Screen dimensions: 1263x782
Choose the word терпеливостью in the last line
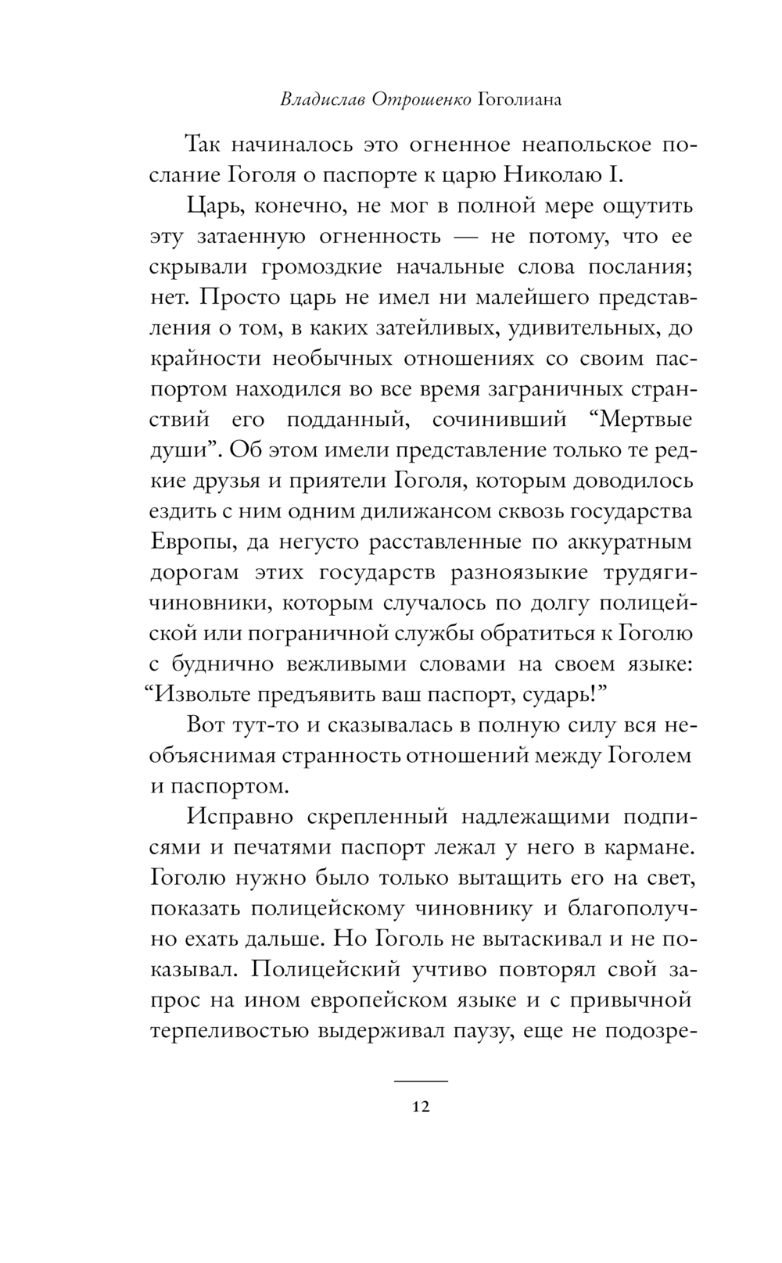pyautogui.click(x=227, y=1030)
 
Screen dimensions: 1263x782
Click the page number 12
pyautogui.click(x=421, y=1107)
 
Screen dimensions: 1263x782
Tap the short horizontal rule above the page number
pyautogui.click(x=421, y=1080)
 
